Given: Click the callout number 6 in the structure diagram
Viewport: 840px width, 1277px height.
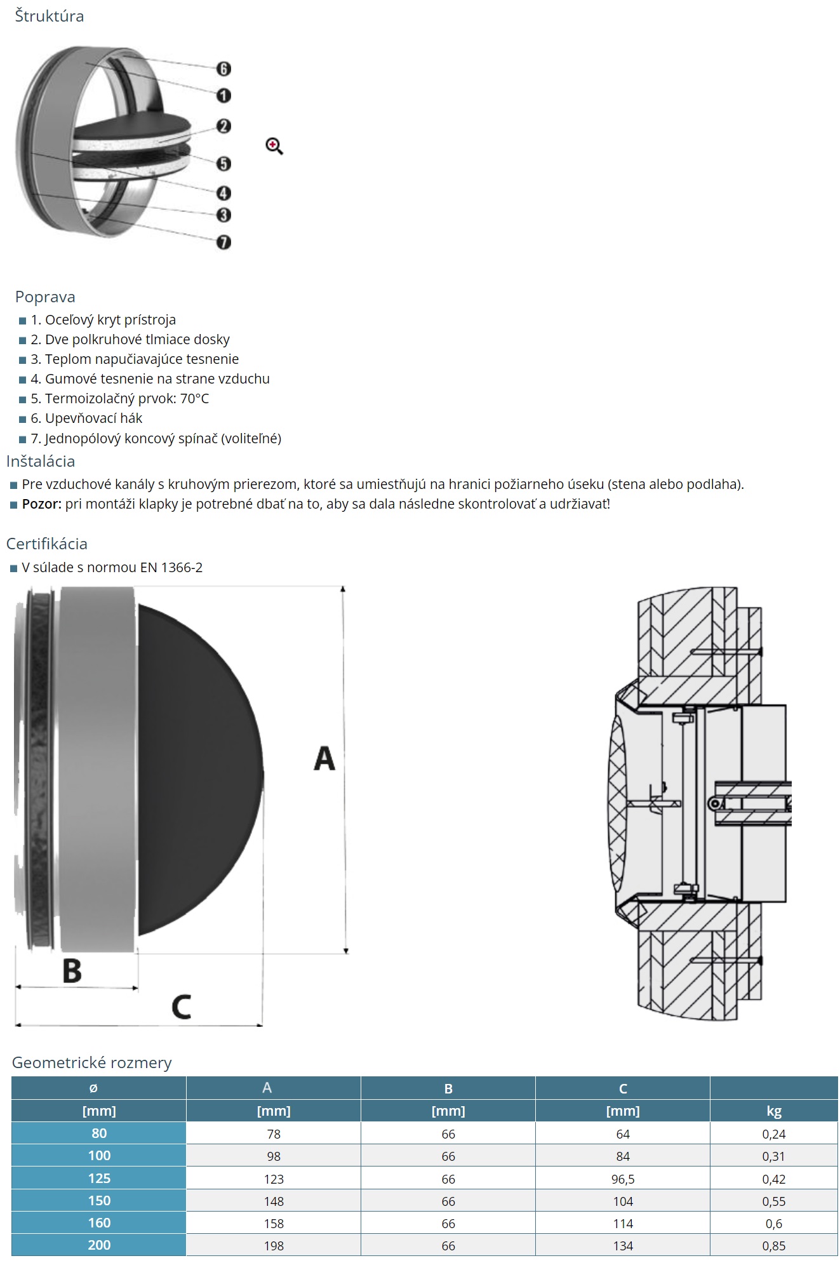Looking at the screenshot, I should point(223,69).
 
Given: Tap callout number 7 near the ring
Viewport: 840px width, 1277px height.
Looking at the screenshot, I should point(223,242).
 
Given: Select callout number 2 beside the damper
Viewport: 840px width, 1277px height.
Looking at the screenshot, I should point(223,126).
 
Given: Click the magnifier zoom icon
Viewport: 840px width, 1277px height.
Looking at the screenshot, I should point(274,146).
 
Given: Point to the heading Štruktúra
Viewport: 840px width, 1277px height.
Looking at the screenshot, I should point(49,16).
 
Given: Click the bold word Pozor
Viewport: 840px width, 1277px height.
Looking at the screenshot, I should point(41,504).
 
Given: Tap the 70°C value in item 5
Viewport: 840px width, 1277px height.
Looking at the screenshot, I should point(194,399).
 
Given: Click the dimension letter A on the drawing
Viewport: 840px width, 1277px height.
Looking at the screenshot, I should point(324,759).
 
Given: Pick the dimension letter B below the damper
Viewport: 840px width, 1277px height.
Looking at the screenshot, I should point(72,971).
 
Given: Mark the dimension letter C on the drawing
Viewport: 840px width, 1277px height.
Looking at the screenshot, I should point(181,1007).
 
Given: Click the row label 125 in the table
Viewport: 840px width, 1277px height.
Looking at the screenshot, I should point(99,1179).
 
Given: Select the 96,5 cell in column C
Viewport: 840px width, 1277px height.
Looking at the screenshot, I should point(623,1179).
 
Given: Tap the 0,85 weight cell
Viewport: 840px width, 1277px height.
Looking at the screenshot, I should point(773,1246).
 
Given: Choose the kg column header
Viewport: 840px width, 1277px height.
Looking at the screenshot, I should point(773,1111).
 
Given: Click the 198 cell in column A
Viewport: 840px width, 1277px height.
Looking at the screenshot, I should point(274,1246).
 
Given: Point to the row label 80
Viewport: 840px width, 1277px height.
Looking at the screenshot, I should point(99,1133).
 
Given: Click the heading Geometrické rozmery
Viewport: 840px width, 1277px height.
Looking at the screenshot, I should point(92,1063).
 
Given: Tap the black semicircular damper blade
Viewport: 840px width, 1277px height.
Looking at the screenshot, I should point(197,768).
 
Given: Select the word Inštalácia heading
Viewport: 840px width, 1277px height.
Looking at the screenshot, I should point(41,461).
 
